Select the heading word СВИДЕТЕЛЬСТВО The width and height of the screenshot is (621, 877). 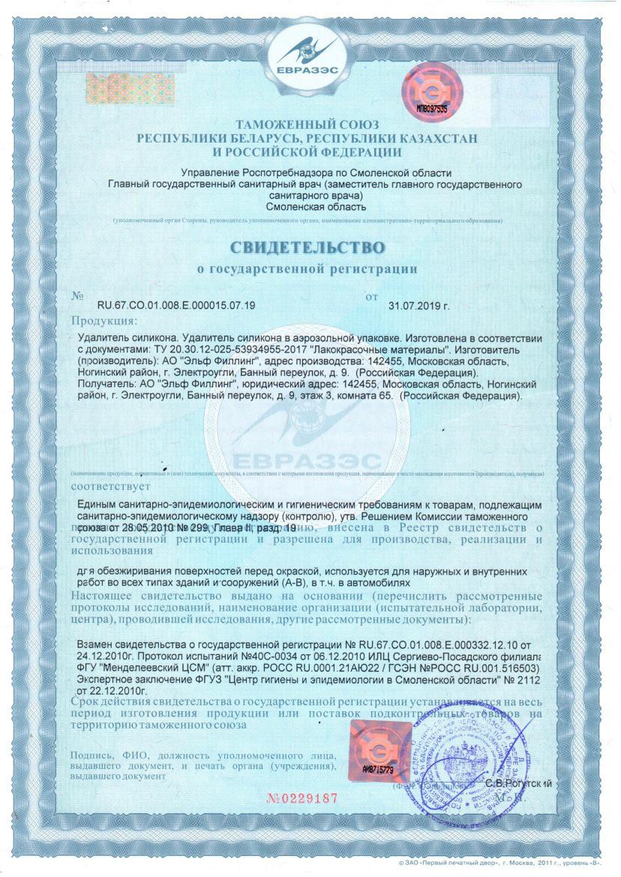click(x=307, y=247)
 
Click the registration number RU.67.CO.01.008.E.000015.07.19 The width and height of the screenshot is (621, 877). click(x=177, y=305)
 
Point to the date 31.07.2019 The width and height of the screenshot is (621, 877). click(x=418, y=305)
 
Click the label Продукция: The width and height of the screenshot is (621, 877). click(x=100, y=322)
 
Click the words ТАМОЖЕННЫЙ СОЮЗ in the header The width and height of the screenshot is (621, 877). click(x=307, y=124)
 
